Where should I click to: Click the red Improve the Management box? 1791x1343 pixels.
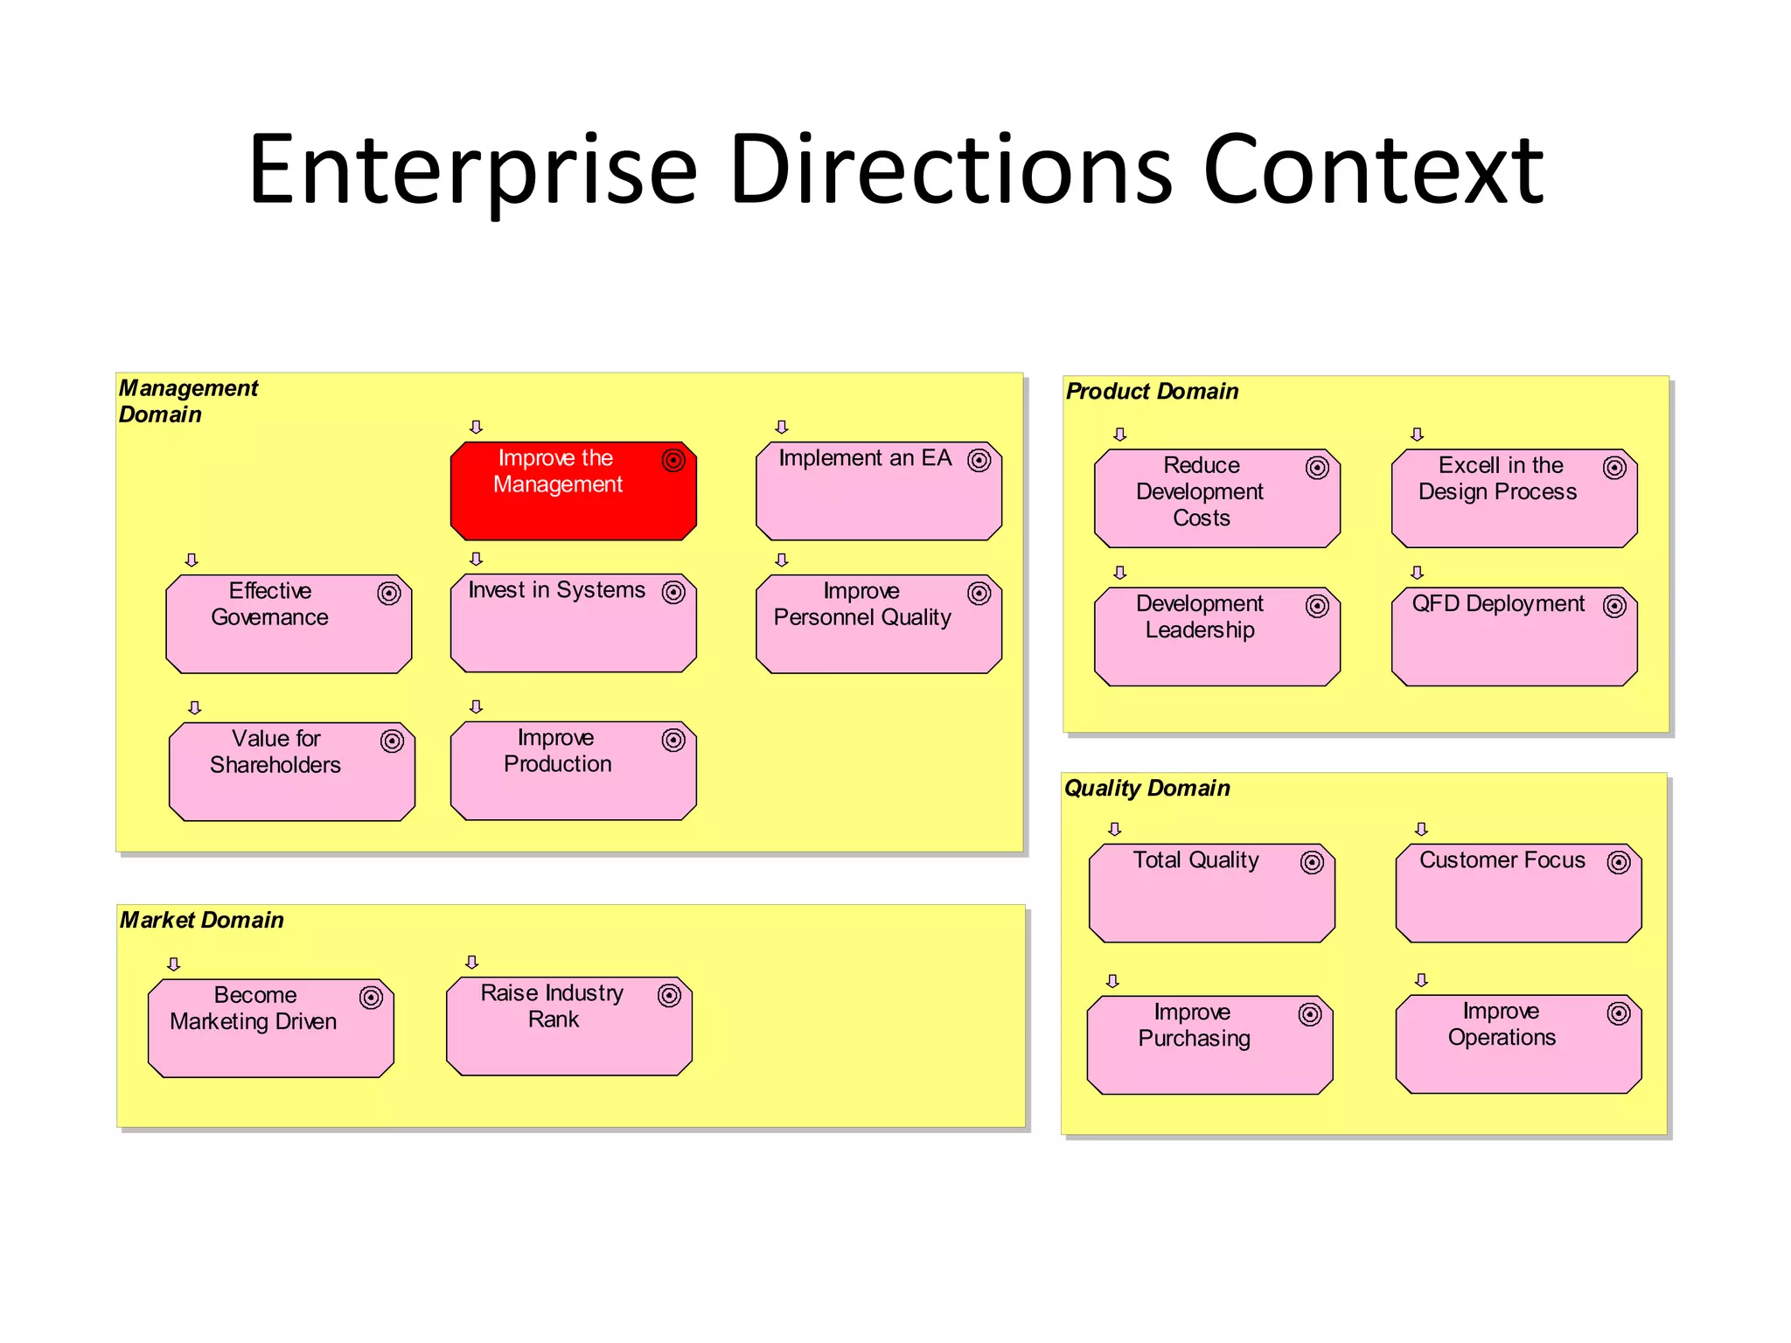point(573,491)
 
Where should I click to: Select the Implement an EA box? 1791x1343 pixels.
point(878,491)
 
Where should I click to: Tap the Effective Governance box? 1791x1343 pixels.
point(289,624)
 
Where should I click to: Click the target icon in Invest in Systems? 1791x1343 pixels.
point(673,593)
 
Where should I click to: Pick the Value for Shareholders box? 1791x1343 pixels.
point(291,772)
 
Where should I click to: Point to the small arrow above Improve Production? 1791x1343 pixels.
point(477,706)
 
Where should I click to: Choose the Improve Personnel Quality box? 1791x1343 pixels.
point(878,624)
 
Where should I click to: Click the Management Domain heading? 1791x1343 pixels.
point(188,401)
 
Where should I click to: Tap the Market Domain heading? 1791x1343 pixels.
point(202,920)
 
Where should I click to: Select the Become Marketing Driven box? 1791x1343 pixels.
point(271,1028)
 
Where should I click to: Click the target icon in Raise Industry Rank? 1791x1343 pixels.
point(669,996)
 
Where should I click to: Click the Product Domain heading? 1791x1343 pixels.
point(1152,392)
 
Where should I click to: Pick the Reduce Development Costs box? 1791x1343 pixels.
point(1216,498)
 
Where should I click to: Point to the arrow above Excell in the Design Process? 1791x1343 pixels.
point(1418,435)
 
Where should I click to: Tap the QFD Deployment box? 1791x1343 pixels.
point(1514,637)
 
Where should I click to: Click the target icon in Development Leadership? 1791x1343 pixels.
point(1317,606)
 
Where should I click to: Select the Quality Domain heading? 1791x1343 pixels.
point(1146,789)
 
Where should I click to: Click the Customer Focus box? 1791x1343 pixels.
point(1518,893)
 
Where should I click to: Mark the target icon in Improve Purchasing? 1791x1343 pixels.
point(1310,1014)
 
